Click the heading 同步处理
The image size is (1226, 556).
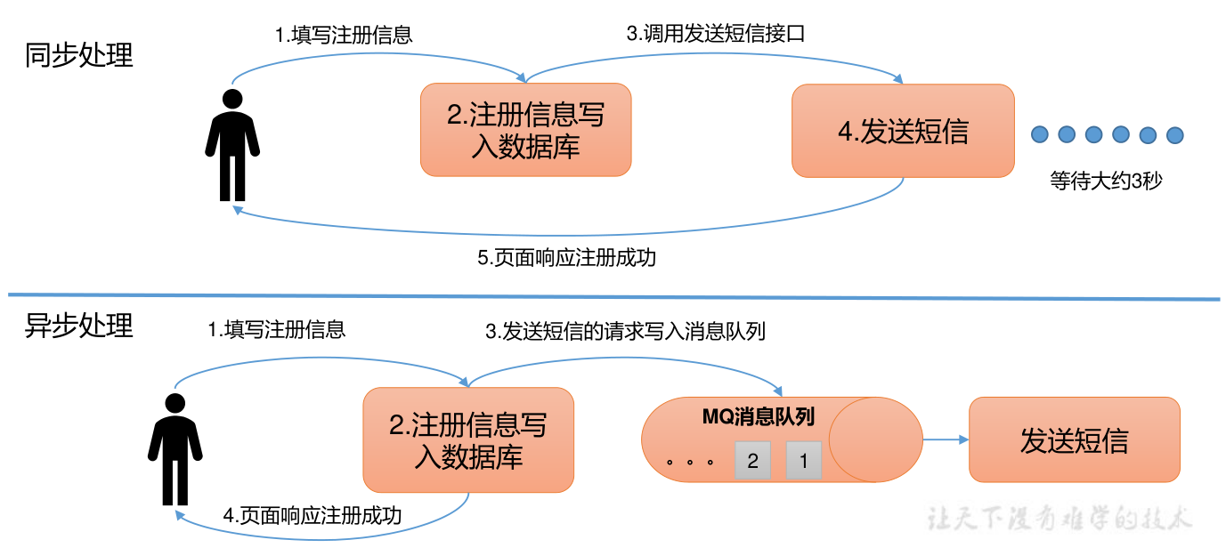tap(78, 55)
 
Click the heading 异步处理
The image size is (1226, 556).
tap(78, 326)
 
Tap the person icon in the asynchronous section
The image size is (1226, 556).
tap(175, 449)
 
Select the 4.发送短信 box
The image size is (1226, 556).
tap(903, 131)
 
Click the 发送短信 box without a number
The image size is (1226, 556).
tap(1074, 440)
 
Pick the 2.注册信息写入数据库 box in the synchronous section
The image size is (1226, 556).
tap(525, 130)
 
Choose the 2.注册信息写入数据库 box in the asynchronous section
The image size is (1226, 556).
tap(468, 440)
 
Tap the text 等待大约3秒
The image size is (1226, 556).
tap(1106, 181)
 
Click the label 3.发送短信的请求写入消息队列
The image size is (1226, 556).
tap(625, 332)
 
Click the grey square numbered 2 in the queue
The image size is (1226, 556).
tap(753, 461)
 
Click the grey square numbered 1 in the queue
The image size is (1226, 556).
tap(804, 461)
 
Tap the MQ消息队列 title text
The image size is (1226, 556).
tap(758, 416)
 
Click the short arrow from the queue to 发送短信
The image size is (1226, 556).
tap(946, 439)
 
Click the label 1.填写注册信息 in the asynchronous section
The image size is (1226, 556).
tap(276, 330)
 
